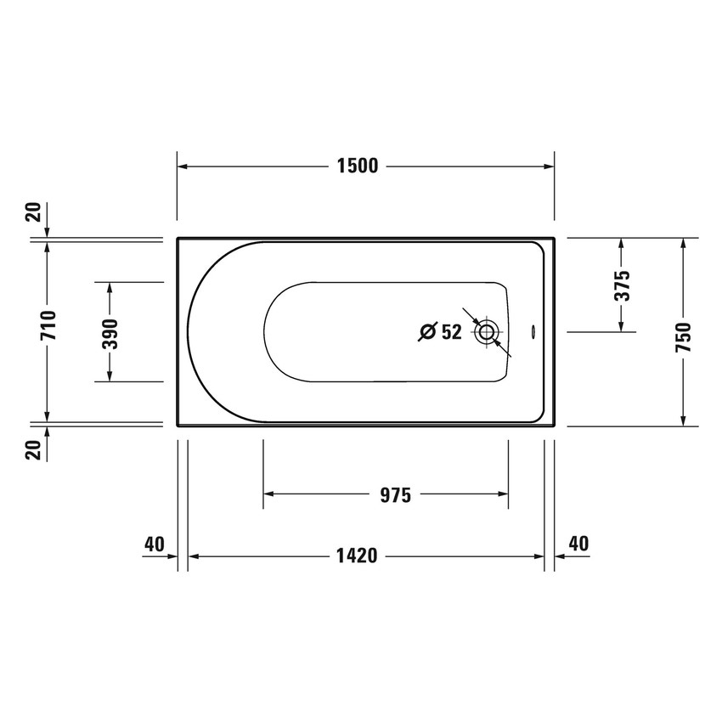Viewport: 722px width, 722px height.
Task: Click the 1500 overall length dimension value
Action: (x=357, y=166)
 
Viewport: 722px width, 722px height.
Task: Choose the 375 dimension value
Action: (x=623, y=286)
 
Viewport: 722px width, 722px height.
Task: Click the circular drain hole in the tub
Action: (x=488, y=331)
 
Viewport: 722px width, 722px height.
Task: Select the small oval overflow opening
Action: (x=533, y=331)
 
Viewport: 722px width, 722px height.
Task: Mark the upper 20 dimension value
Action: (x=34, y=212)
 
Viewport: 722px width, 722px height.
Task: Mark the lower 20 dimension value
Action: (x=34, y=450)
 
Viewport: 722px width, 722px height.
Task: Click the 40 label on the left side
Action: (x=154, y=544)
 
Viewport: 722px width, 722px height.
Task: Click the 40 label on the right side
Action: (x=578, y=544)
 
